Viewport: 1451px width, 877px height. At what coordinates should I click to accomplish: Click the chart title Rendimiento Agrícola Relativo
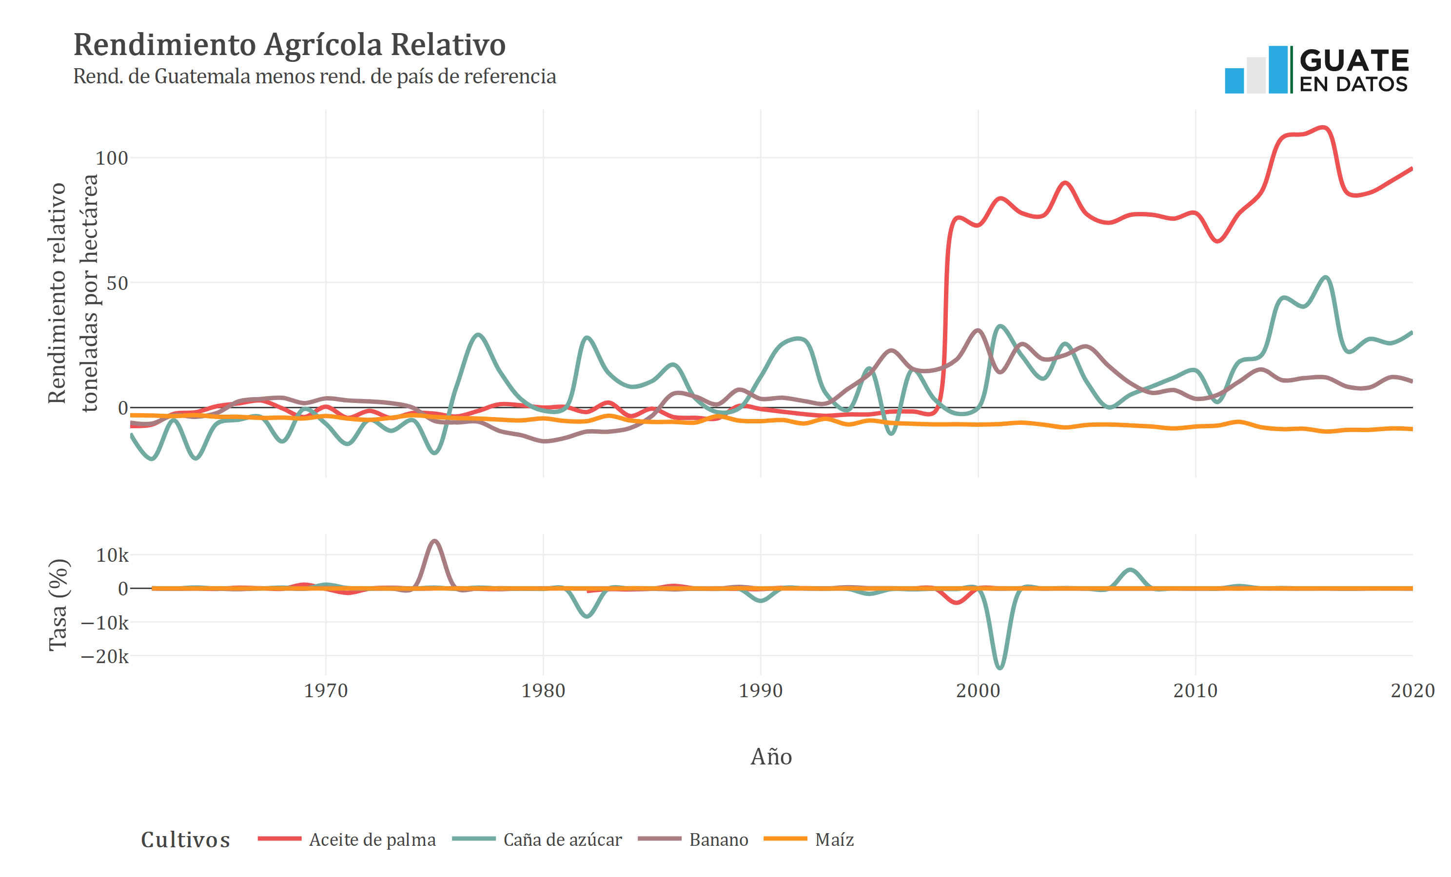click(x=289, y=45)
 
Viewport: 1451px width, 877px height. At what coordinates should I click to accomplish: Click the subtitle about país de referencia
click(x=314, y=76)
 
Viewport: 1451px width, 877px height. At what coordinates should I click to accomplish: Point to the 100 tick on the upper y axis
click(x=111, y=158)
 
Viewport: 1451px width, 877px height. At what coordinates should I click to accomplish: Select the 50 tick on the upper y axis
click(x=117, y=283)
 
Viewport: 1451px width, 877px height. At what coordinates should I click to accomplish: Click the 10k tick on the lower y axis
click(x=112, y=555)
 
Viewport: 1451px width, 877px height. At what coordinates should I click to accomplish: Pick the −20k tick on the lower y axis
click(x=104, y=656)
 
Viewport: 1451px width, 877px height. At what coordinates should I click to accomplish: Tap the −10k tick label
click(x=104, y=623)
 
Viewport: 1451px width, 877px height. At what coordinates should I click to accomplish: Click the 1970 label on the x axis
click(x=326, y=690)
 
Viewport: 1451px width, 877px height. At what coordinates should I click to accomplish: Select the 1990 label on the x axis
click(x=760, y=690)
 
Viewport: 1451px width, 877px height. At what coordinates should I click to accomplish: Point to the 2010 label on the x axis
click(x=1195, y=690)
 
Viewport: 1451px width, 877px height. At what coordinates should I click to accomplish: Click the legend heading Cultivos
click(x=185, y=840)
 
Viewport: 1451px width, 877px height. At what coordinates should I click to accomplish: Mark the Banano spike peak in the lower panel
click(x=434, y=541)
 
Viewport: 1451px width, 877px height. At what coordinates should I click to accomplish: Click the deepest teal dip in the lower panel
click(x=1000, y=668)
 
